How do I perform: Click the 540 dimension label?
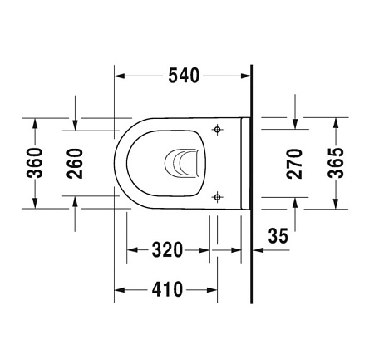(183, 76)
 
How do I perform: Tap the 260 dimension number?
(76, 163)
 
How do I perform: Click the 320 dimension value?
(166, 249)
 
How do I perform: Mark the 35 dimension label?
(278, 236)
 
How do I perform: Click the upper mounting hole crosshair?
(218, 130)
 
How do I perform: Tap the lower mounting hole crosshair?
(218, 196)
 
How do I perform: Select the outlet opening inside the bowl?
(184, 163)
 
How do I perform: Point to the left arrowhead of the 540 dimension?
(119, 76)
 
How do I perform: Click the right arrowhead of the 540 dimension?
(246, 76)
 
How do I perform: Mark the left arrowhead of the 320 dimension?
(131, 249)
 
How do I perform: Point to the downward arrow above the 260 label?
(76, 125)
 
